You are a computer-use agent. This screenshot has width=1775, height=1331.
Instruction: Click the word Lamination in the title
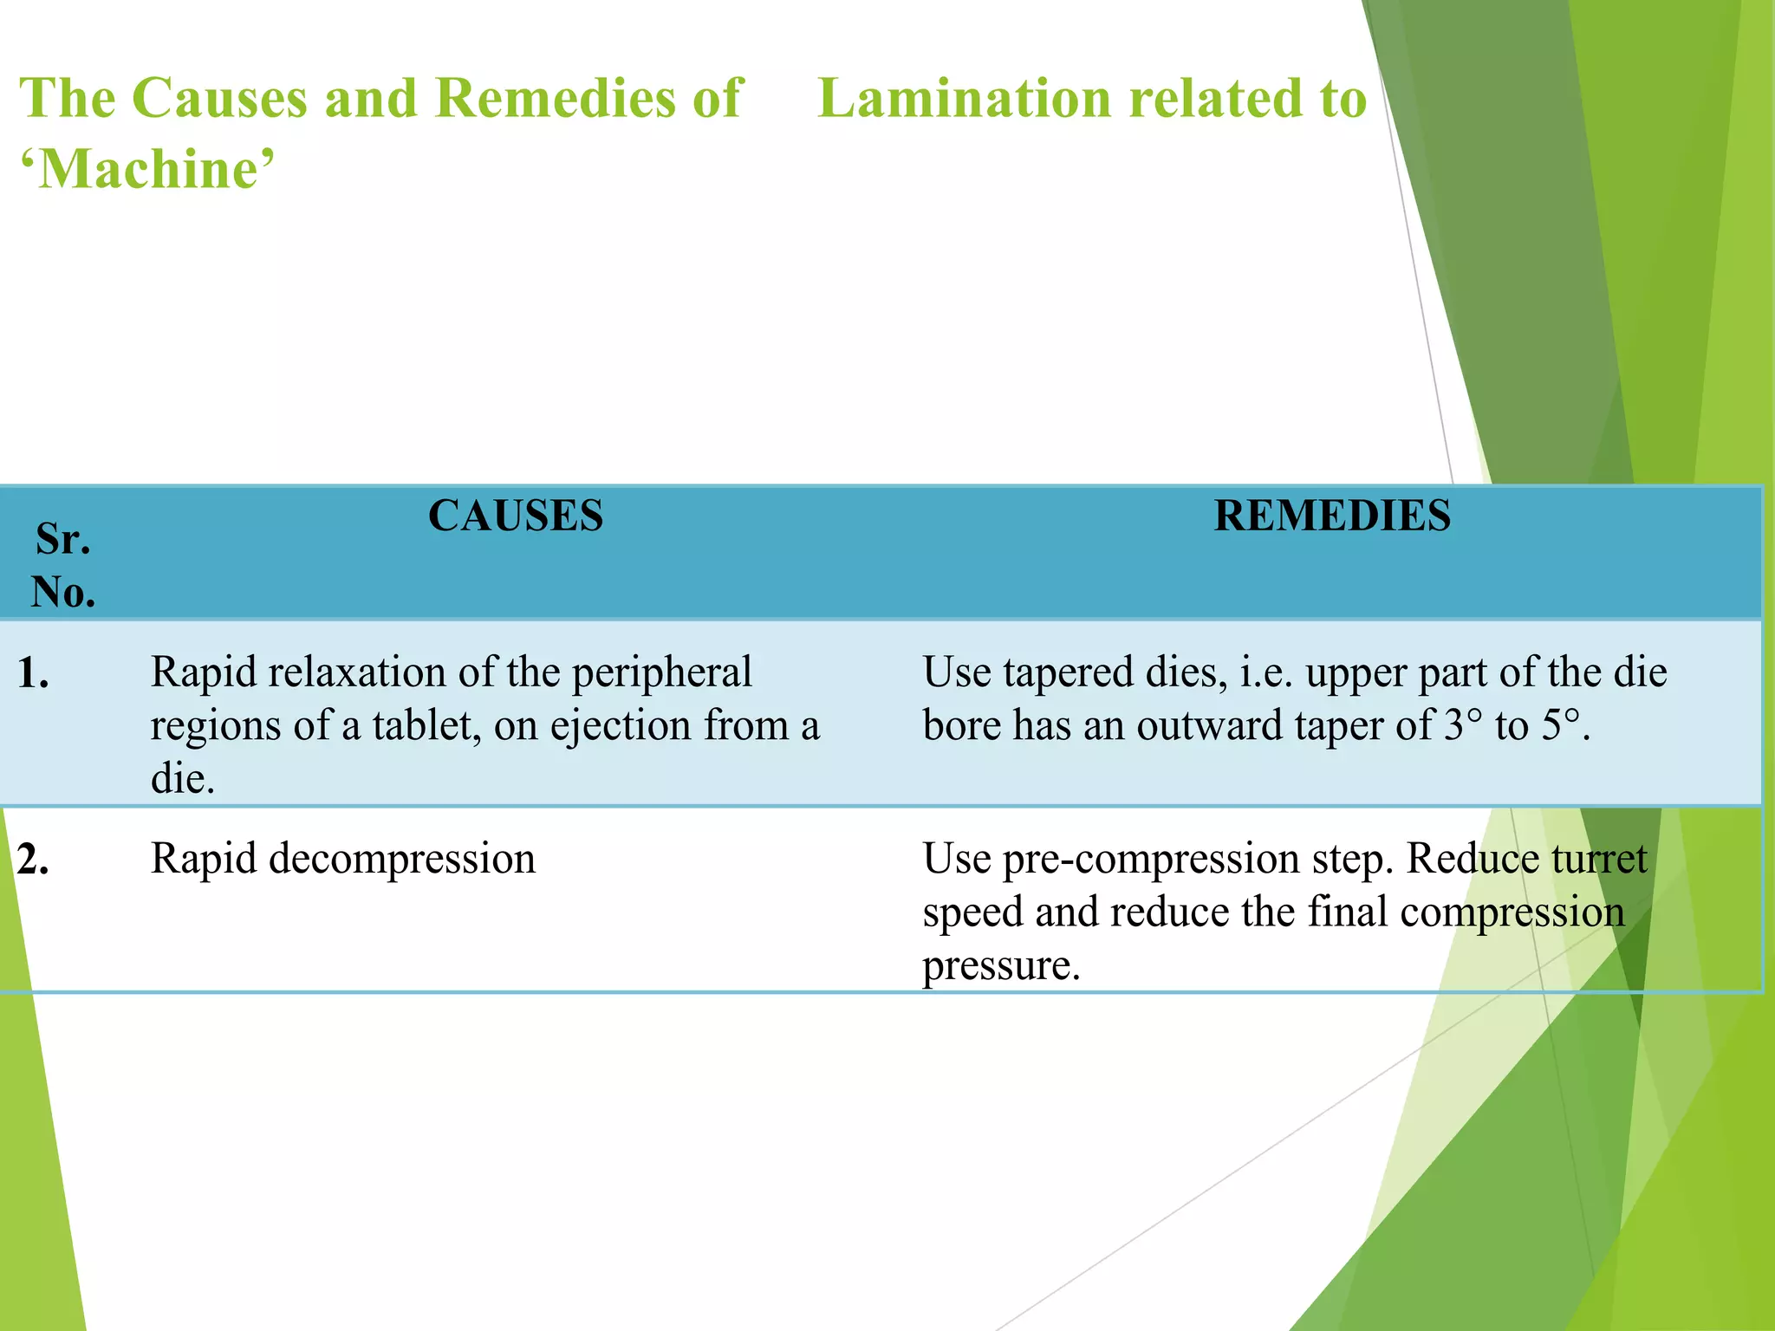(x=964, y=98)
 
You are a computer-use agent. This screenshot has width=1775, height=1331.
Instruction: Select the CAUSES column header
(x=516, y=516)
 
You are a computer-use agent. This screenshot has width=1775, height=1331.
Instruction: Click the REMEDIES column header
(x=1332, y=516)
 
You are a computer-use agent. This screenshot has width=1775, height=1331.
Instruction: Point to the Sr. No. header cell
(x=63, y=565)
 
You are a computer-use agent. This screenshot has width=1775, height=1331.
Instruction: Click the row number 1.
(x=33, y=674)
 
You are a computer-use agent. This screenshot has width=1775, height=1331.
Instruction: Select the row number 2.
(x=33, y=860)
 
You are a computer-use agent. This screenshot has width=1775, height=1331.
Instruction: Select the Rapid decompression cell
(x=343, y=860)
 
